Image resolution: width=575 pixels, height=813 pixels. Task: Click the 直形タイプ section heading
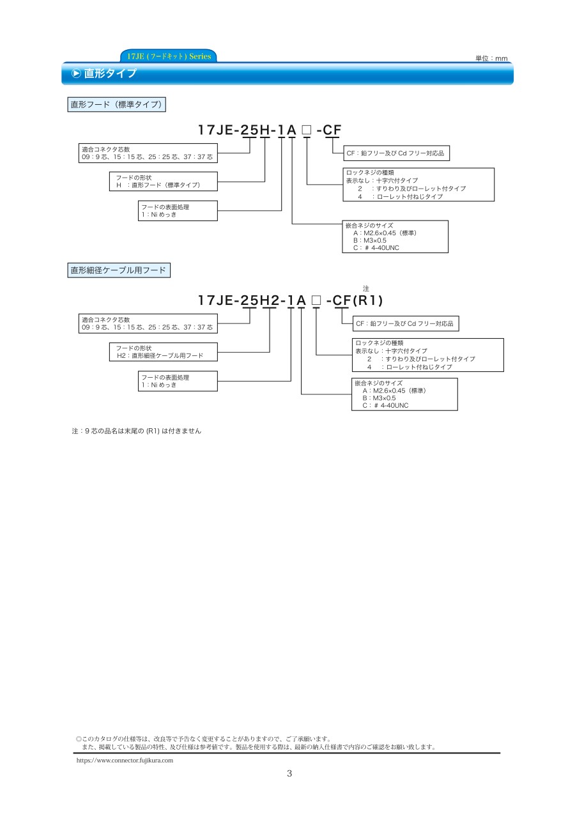tap(111, 74)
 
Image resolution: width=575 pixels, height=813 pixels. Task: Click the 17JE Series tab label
tap(169, 56)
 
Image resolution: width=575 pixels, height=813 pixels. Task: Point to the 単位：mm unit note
tap(491, 58)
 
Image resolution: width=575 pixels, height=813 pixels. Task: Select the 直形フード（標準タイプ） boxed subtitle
tap(116, 104)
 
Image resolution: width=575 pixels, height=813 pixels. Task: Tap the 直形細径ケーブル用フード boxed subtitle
tap(119, 270)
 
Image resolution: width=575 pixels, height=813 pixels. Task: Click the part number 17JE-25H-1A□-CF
tap(270, 130)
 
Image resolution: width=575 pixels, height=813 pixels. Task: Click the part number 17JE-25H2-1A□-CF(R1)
tap(290, 300)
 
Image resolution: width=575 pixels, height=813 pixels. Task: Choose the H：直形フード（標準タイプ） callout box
tap(163, 181)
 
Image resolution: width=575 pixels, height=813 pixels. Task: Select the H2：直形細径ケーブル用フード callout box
tap(163, 352)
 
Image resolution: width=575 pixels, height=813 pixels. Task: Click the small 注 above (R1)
tap(366, 289)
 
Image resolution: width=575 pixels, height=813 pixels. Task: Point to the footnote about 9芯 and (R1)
tap(137, 431)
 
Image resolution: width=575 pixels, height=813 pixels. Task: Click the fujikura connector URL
tap(125, 761)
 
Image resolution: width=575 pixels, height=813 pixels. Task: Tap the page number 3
tap(289, 773)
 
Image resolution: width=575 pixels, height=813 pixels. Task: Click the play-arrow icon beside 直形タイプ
tap(76, 74)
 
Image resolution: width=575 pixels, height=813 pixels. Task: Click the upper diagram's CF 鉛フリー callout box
tap(395, 153)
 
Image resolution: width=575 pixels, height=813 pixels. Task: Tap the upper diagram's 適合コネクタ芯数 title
tap(106, 149)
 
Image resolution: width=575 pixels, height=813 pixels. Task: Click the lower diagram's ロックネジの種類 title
tap(379, 343)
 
